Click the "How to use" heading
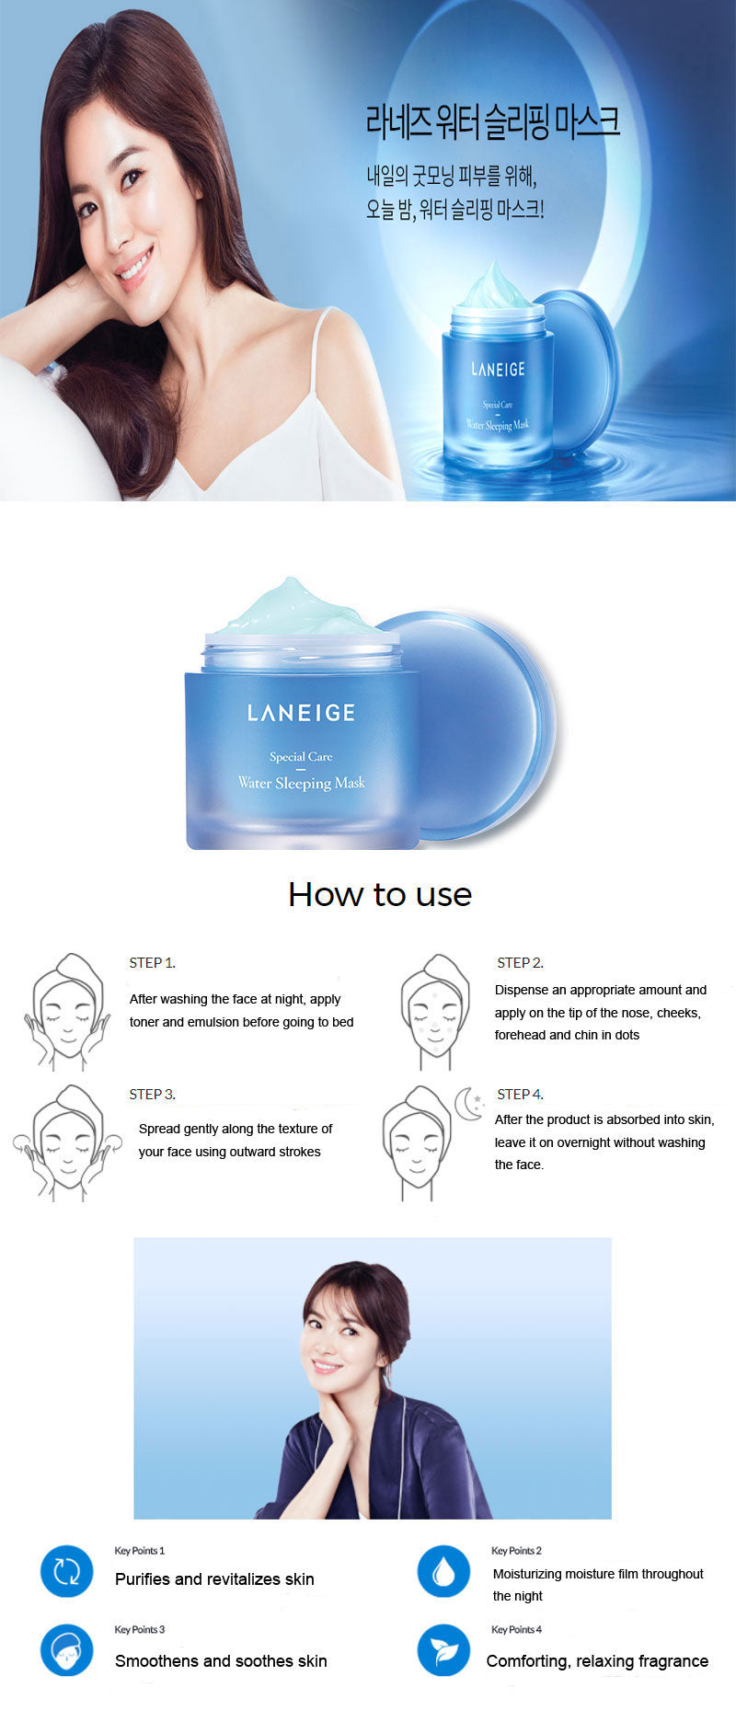[380, 894]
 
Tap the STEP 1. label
[152, 963]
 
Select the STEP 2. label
[520, 963]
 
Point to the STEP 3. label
[152, 1095]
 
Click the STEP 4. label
[520, 1095]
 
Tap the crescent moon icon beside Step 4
[467, 1104]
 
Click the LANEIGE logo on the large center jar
[301, 713]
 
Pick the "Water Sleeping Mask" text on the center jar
[301, 783]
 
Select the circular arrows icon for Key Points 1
[67, 1571]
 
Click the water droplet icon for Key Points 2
[443, 1571]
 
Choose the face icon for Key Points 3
[67, 1650]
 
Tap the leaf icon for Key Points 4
[443, 1650]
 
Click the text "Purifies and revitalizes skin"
[214, 1579]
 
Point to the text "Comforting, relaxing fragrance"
[597, 1661]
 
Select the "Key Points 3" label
[140, 1629]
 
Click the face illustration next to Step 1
[66, 1012]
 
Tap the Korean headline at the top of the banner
[493, 122]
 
